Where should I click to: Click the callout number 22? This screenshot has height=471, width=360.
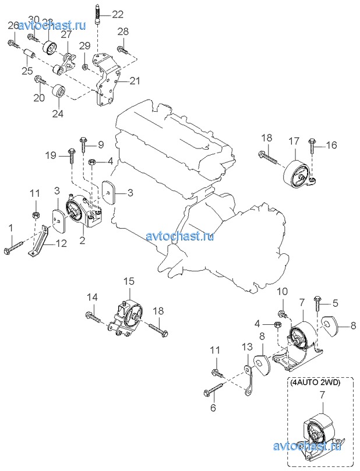118,14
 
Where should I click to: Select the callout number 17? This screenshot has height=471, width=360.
294,140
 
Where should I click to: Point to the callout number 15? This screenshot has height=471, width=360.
129,281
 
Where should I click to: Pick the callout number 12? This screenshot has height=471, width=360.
61,245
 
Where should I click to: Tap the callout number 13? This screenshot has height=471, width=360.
247,348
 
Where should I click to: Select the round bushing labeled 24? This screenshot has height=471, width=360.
59,92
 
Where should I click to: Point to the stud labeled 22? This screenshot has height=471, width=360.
97,15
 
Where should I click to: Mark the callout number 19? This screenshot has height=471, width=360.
52,155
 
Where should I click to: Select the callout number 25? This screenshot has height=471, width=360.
27,70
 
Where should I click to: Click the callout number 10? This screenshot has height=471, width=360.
282,291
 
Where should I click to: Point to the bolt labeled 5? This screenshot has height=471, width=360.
317,304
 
